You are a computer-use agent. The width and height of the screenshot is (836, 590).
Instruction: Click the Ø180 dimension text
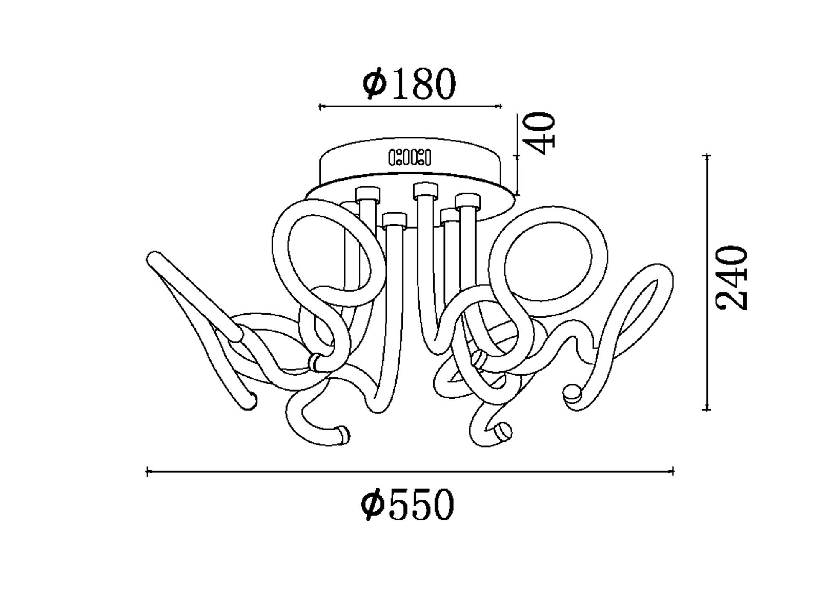(409, 84)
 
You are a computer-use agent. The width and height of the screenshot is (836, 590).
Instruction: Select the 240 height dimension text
(731, 278)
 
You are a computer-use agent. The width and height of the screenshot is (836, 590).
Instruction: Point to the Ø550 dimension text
(407, 504)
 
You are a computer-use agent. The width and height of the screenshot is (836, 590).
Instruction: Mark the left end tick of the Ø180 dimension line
(320, 107)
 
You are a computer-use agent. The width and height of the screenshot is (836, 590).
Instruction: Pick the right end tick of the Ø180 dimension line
(500, 106)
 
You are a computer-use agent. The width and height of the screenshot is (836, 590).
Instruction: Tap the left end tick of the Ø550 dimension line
(148, 472)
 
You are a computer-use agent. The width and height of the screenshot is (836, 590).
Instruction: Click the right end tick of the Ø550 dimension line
(673, 471)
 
